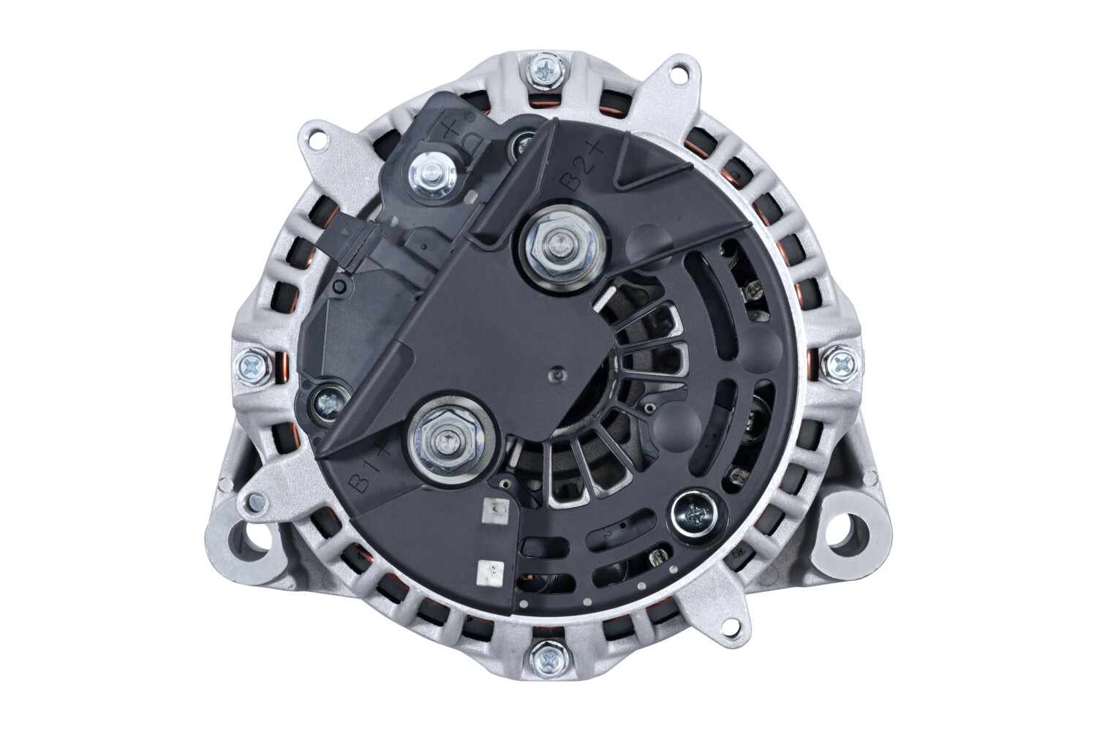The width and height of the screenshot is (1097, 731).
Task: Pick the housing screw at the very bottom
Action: [x=547, y=660]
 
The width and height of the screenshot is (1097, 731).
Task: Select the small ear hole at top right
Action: [x=682, y=73]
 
